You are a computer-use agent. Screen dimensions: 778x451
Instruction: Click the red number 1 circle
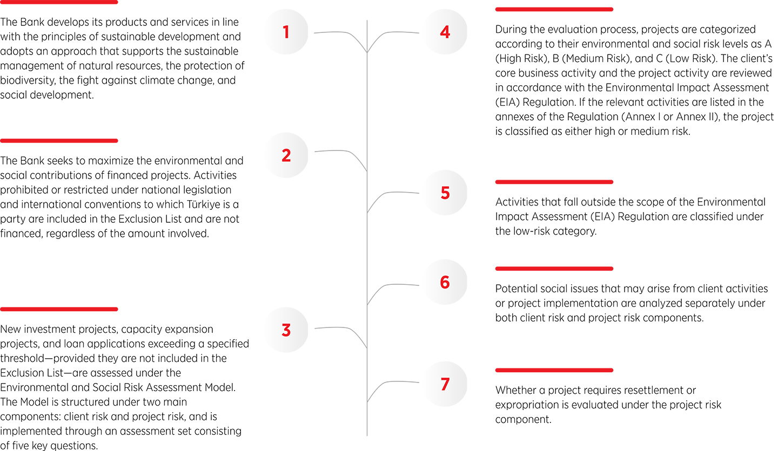point(286,32)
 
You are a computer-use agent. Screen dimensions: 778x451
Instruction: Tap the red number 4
point(445,32)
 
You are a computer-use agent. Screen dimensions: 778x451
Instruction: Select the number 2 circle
point(286,155)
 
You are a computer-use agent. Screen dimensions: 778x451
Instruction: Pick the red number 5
point(445,193)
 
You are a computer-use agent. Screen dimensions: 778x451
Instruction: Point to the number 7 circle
point(445,384)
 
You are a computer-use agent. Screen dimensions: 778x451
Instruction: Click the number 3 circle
point(286,330)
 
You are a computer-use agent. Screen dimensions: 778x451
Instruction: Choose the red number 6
point(445,282)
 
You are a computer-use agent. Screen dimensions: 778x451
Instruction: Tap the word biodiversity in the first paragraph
point(28,81)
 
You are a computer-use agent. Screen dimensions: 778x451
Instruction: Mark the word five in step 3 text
point(22,446)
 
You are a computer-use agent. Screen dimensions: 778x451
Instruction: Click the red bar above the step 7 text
point(554,370)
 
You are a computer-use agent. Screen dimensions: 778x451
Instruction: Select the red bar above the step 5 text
point(554,182)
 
